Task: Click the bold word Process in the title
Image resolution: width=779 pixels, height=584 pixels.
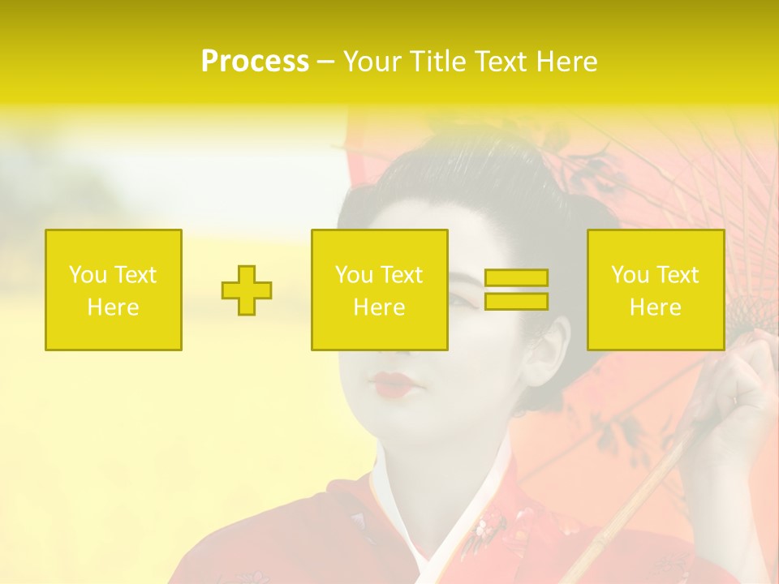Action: click(255, 62)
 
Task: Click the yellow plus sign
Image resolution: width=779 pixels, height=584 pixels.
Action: click(247, 290)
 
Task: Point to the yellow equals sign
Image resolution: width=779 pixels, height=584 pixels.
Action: click(516, 290)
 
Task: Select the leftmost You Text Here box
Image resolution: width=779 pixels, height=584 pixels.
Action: click(114, 290)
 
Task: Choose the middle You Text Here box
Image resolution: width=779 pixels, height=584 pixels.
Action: click(380, 290)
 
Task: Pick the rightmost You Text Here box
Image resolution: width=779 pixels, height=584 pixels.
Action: click(656, 290)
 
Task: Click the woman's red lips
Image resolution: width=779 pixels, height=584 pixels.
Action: click(392, 384)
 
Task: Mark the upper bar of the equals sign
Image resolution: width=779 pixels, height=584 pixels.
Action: click(516, 278)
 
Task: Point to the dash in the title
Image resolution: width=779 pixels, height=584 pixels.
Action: click(325, 62)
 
